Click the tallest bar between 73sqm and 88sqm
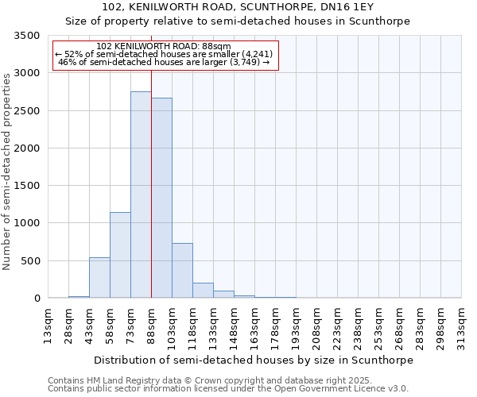click(x=141, y=195)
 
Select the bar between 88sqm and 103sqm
click(x=161, y=198)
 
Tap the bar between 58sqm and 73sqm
click(x=120, y=255)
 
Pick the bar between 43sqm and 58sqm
click(x=99, y=278)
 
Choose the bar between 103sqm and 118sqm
click(x=182, y=271)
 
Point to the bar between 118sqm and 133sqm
click(x=203, y=291)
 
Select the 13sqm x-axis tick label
click(x=48, y=323)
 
